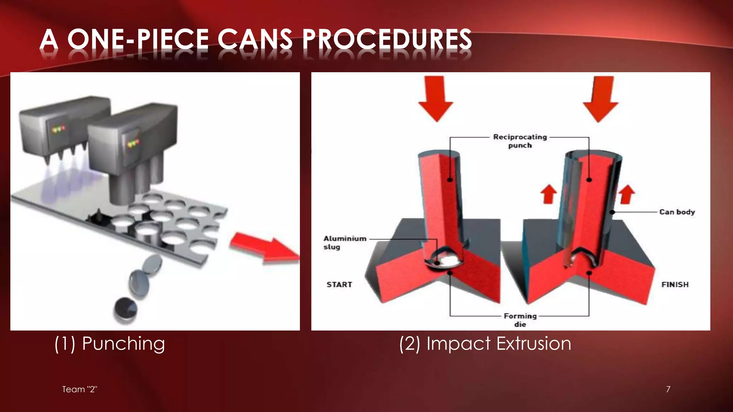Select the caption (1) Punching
click(110, 344)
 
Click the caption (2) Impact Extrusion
click(485, 344)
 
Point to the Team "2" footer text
click(79, 389)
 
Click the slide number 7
click(668, 389)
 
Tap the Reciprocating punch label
click(520, 141)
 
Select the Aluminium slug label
click(344, 242)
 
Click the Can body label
click(677, 212)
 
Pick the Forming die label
click(520, 320)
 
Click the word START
click(339, 285)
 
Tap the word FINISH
click(675, 285)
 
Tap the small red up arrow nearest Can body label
click(627, 194)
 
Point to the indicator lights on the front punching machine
click(133, 143)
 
